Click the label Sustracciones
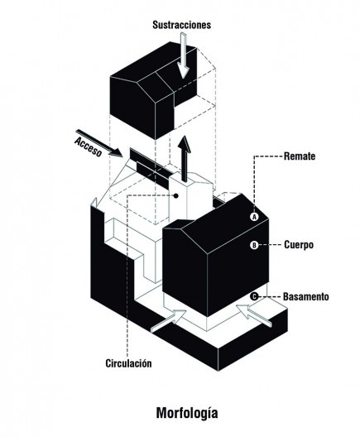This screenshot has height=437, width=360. click(182, 25)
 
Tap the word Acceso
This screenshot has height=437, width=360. click(88, 147)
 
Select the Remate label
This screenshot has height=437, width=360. click(300, 156)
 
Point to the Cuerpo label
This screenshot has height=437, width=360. click(299, 245)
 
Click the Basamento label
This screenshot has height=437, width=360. click(306, 296)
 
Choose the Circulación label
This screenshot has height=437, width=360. click(129, 363)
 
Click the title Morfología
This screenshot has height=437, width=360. click(187, 413)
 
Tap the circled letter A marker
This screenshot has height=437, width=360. click(254, 217)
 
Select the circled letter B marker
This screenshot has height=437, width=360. click(254, 245)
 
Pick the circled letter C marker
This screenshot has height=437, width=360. click(254, 296)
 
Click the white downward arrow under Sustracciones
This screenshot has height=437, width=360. click(183, 55)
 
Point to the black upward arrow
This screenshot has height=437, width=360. click(185, 159)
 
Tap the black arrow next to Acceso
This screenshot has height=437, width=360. click(99, 142)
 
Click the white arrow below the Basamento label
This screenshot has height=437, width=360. click(255, 315)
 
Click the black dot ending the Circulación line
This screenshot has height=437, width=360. click(175, 196)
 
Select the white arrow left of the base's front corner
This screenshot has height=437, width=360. click(169, 321)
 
